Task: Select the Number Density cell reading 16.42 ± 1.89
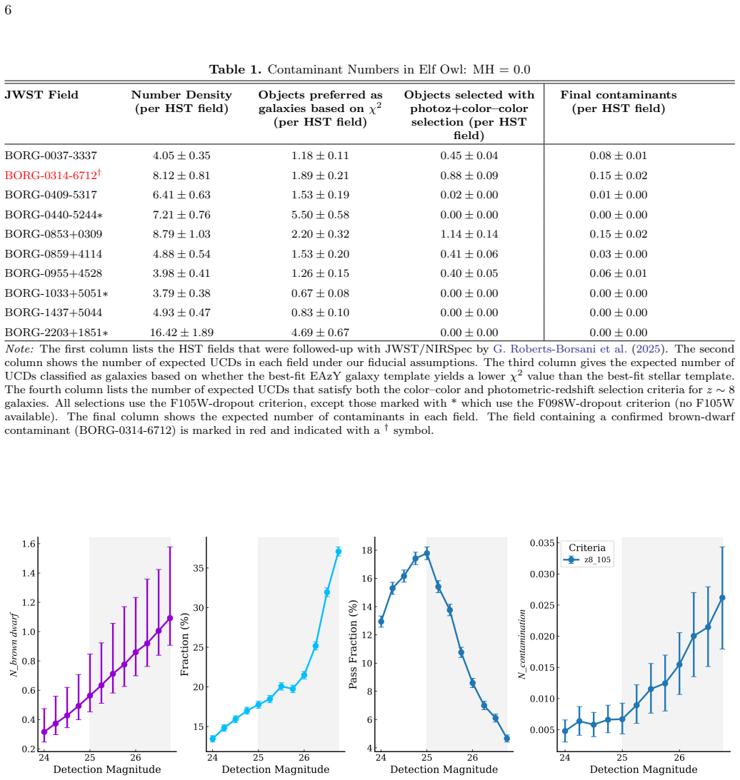click(x=181, y=333)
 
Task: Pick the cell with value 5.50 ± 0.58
click(x=320, y=215)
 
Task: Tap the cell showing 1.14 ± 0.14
click(x=469, y=234)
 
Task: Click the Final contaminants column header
click(x=619, y=101)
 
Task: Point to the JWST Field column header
click(x=41, y=95)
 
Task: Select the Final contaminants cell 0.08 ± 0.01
click(x=619, y=156)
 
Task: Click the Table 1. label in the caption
click(x=235, y=69)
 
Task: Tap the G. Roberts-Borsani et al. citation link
click(x=560, y=349)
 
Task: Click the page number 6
click(x=8, y=10)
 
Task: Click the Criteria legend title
click(x=587, y=547)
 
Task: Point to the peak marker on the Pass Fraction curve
click(x=426, y=553)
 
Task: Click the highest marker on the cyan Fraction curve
click(x=339, y=552)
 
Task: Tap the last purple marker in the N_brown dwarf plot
click(x=170, y=618)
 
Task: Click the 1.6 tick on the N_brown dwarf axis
click(x=29, y=544)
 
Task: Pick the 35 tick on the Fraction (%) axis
click(x=198, y=568)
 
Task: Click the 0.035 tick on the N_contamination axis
click(x=542, y=542)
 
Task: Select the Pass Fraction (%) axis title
click(x=353, y=644)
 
